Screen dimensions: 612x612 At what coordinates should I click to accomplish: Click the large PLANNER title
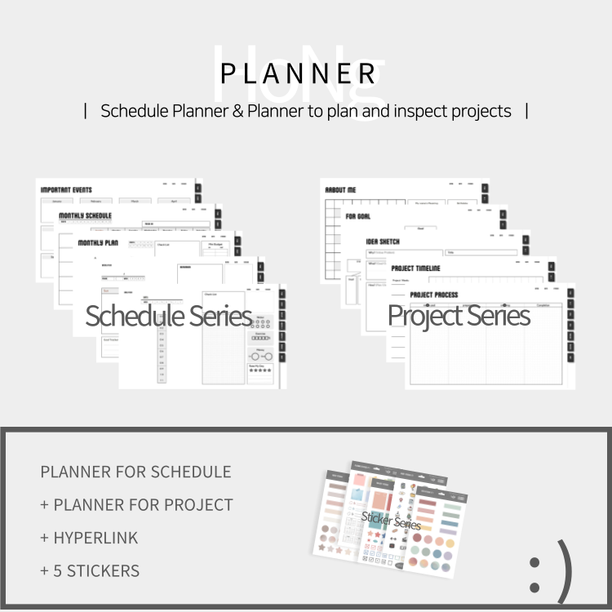(299, 73)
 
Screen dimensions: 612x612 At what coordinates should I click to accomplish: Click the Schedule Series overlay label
(168, 316)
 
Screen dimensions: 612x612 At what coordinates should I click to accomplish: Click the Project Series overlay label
(459, 316)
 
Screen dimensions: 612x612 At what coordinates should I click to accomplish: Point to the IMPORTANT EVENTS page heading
(66, 190)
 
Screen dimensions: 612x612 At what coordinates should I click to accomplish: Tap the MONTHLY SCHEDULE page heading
(85, 216)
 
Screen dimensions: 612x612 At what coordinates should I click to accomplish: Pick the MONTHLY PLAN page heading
(98, 242)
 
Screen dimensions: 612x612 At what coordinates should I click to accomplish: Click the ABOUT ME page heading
(340, 189)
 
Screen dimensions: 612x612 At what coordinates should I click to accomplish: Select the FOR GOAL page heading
(358, 216)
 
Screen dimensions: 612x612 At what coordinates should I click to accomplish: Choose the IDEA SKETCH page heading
(383, 242)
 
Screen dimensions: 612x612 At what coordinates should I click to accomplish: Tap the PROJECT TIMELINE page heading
(415, 268)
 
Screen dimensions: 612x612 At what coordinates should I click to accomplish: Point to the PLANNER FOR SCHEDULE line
(135, 472)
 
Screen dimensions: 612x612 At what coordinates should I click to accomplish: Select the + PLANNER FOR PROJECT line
(136, 505)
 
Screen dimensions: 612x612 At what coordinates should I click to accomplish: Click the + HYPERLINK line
(89, 538)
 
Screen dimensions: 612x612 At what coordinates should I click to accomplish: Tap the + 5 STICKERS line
(90, 571)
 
